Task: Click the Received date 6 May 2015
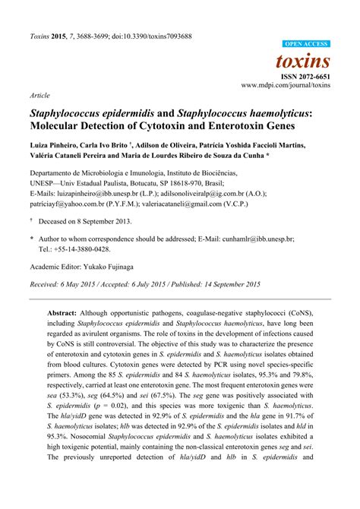click(86, 284)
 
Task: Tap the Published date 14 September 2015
click(231, 284)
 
